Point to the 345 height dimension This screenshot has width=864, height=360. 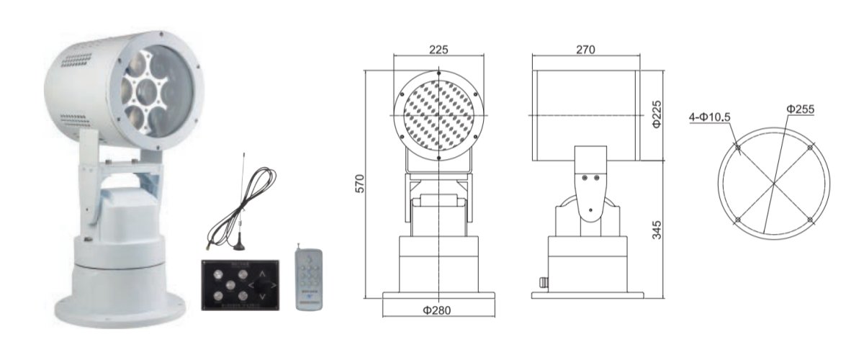pos(658,229)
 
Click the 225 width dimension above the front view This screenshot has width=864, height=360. pos(438,50)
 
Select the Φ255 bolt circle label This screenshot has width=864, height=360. pos(800,109)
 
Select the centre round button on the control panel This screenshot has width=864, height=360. pos(229,283)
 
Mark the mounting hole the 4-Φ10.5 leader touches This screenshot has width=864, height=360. pos(738,148)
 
